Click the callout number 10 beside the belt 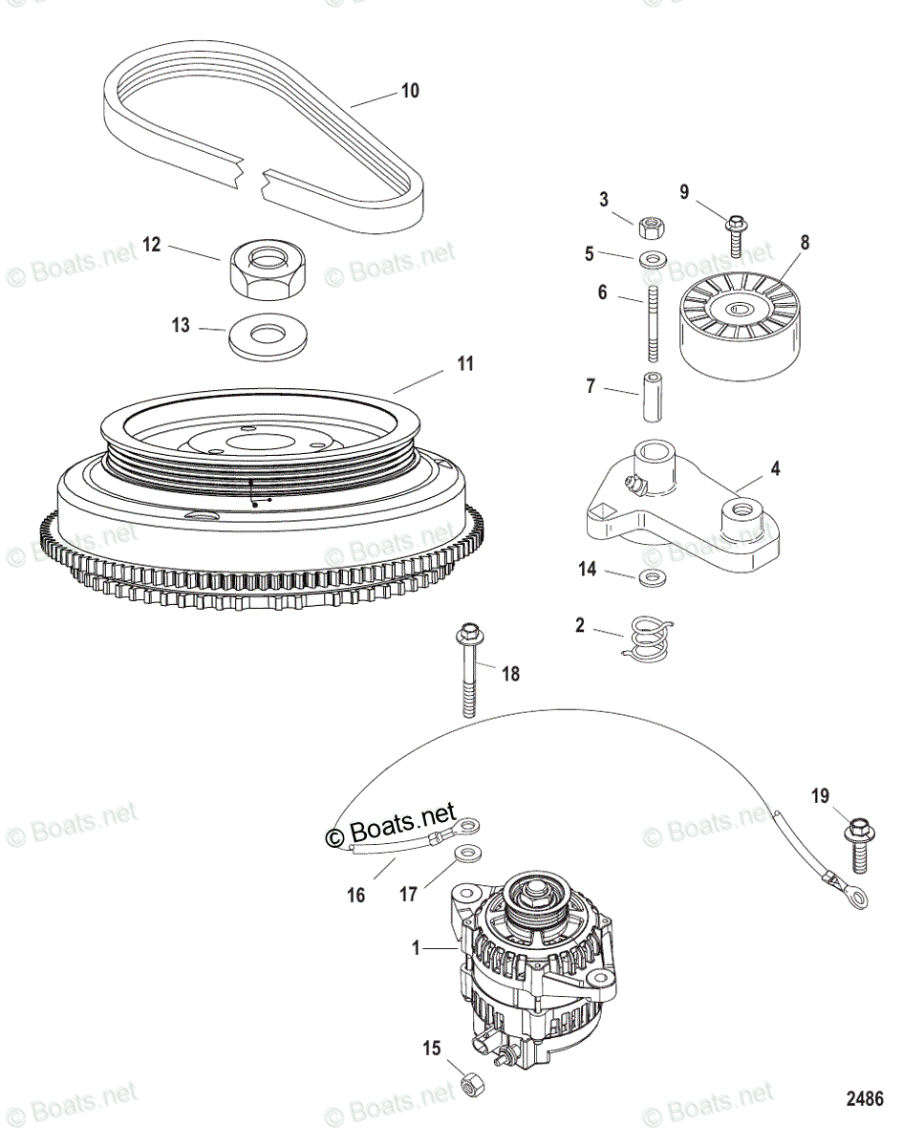coord(409,92)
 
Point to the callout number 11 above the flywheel coord(464,364)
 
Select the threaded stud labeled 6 coord(653,320)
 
